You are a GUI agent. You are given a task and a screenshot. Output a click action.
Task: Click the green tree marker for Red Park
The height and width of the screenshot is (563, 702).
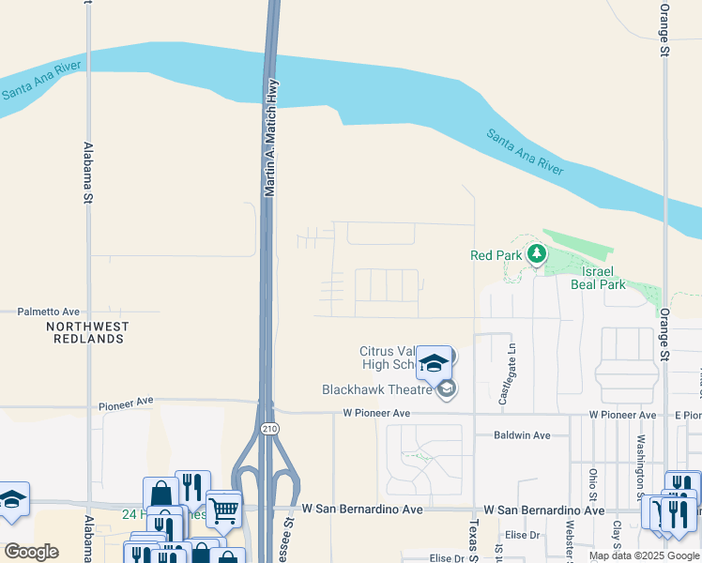pos(536,253)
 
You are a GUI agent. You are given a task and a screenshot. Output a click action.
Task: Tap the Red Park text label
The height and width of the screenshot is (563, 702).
pos(496,255)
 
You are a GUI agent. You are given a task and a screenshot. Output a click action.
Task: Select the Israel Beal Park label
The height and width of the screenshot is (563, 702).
pos(597,277)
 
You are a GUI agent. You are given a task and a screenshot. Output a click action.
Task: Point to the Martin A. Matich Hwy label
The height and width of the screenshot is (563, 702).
pos(271,137)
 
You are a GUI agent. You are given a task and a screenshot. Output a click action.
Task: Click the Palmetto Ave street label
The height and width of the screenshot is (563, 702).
pos(49,312)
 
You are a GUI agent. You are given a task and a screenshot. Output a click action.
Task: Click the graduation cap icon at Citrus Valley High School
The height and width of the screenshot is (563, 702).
pos(434,362)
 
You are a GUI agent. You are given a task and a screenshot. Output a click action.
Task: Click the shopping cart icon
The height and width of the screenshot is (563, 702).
pos(223,510)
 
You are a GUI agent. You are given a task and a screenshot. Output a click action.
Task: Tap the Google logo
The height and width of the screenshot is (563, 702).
pos(31,552)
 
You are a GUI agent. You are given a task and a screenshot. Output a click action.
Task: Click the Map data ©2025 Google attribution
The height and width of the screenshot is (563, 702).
pos(643,555)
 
